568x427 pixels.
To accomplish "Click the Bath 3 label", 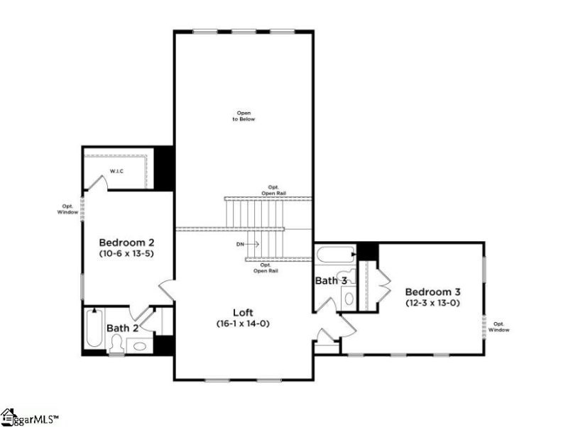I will point(330,281).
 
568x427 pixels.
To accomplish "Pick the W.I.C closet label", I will point(117,171).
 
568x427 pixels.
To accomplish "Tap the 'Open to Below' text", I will point(244,116).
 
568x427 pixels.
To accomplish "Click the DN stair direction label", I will point(241,244).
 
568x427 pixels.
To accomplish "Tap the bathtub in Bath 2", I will point(94,328).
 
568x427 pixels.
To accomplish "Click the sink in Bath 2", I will point(141,346).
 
